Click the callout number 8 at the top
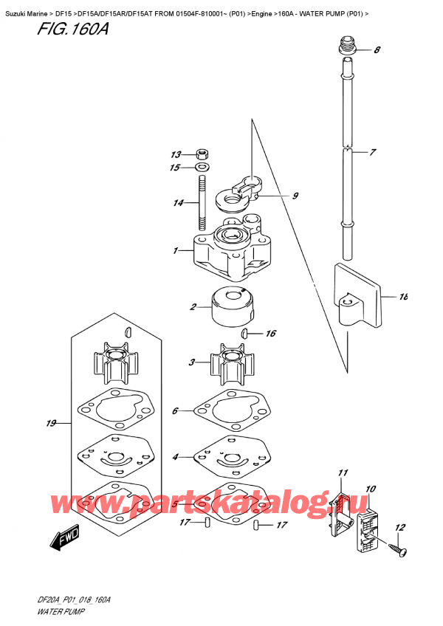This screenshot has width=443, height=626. click(377, 50)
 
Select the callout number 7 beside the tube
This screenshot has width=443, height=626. click(373, 153)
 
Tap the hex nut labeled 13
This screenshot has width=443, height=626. click(202, 155)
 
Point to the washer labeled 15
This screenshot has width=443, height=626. click(202, 168)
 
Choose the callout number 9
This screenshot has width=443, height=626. click(295, 196)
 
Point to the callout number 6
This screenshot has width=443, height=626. click(176, 410)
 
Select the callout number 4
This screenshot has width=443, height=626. click(176, 457)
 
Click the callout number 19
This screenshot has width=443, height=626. click(51, 424)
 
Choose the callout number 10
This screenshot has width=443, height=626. click(370, 489)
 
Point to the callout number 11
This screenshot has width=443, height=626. click(342, 472)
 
